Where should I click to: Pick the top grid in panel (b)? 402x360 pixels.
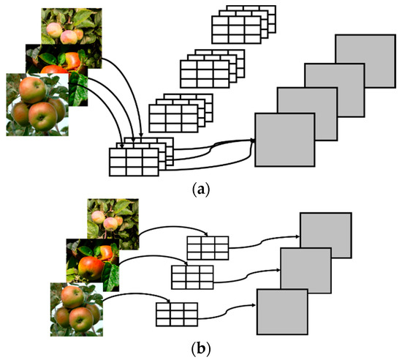pyautogui.click(x=208, y=247)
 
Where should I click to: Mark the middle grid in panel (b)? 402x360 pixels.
pyautogui.click(x=192, y=277)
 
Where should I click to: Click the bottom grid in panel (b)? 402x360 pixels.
pyautogui.click(x=175, y=315)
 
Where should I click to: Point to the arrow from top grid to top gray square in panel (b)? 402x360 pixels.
pyautogui.click(x=263, y=241)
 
